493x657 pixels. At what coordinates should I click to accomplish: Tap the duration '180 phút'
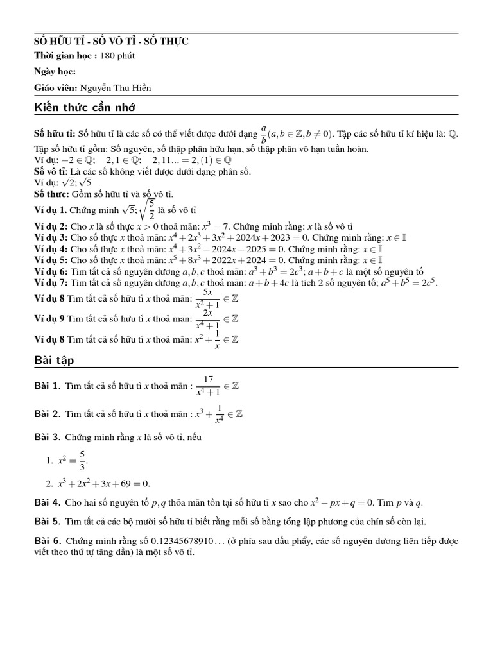point(117,56)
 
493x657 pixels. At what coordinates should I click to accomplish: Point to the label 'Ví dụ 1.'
point(50,210)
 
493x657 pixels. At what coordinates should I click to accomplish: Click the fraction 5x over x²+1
point(208,297)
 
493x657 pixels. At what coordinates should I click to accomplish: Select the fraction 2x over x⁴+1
point(208,318)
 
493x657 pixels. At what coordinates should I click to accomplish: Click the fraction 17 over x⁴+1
point(209,387)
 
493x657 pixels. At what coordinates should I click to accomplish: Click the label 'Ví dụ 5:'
point(51,260)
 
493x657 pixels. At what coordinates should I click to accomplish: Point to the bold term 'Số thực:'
point(51,194)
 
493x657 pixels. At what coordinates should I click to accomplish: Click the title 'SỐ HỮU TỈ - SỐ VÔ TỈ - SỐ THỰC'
point(111,42)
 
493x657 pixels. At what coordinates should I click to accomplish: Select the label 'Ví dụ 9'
point(49,319)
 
